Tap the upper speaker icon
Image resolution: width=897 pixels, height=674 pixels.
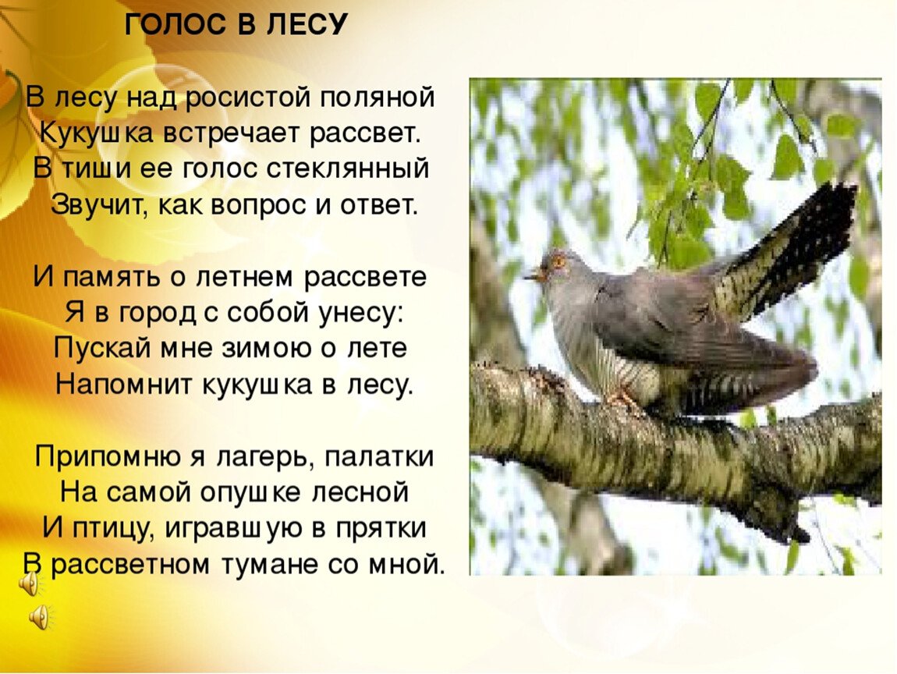tap(29, 584)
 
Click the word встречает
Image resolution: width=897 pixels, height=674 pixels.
tap(234, 134)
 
